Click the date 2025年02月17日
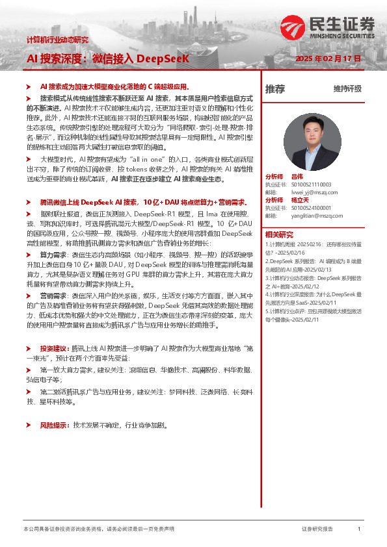328,58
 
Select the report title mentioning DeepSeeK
108,58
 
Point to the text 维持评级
347,89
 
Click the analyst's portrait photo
309,142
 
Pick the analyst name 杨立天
299,201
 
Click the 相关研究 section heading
279,235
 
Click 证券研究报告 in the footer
318,529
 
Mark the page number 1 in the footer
359,529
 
